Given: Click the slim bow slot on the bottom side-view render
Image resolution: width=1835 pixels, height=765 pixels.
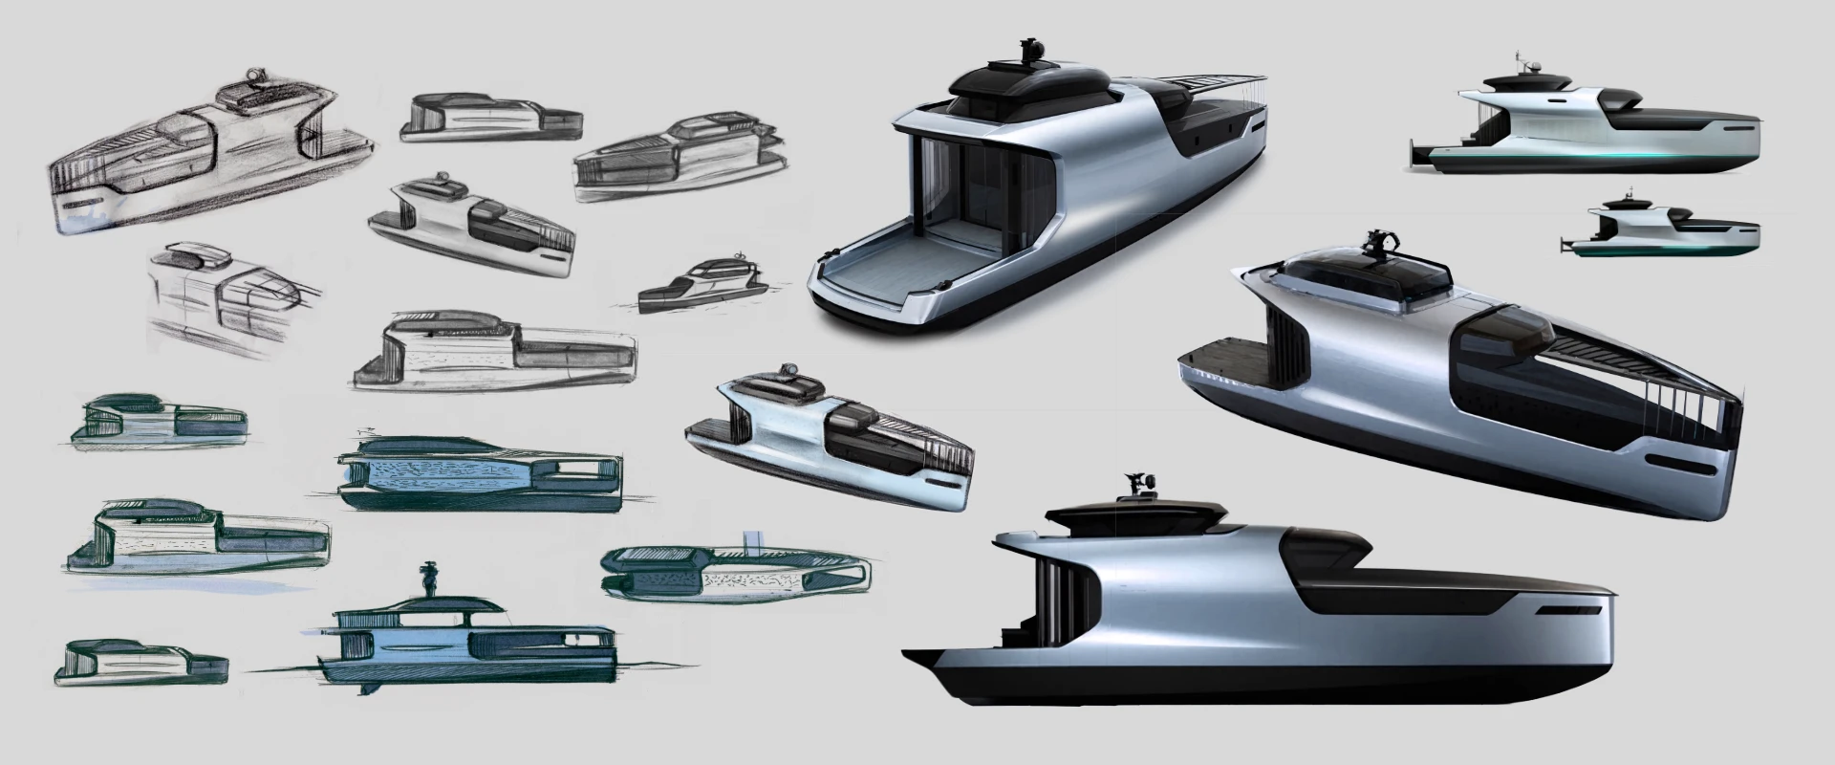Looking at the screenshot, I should [x=1568, y=607].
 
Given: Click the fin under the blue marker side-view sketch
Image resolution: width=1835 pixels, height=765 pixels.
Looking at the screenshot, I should [x=364, y=690].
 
